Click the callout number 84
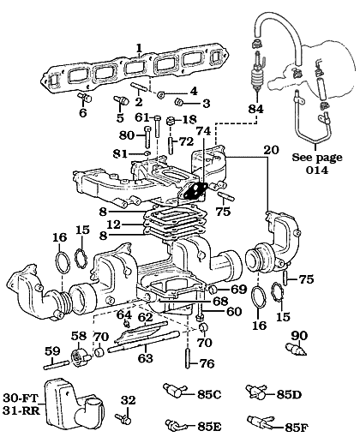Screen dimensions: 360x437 (x=256, y=109)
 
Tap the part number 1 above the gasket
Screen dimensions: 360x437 (x=139, y=48)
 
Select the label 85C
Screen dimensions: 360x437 (x=209, y=394)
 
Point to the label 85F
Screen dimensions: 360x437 (x=297, y=428)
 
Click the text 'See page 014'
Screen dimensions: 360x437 (x=317, y=164)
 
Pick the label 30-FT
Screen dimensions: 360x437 (x=21, y=398)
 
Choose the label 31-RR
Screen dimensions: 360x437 (x=21, y=410)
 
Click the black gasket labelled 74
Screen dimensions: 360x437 (x=195, y=192)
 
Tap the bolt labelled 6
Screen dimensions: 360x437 (x=85, y=97)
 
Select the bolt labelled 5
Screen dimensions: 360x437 (x=121, y=100)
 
